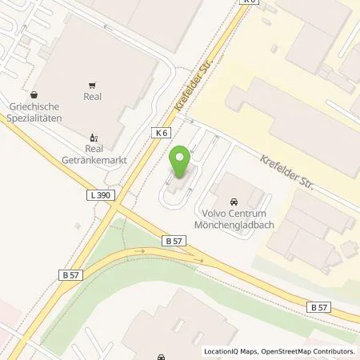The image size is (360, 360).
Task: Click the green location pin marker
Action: coord(181,162)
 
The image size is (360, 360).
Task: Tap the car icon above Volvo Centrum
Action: coord(234,201)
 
